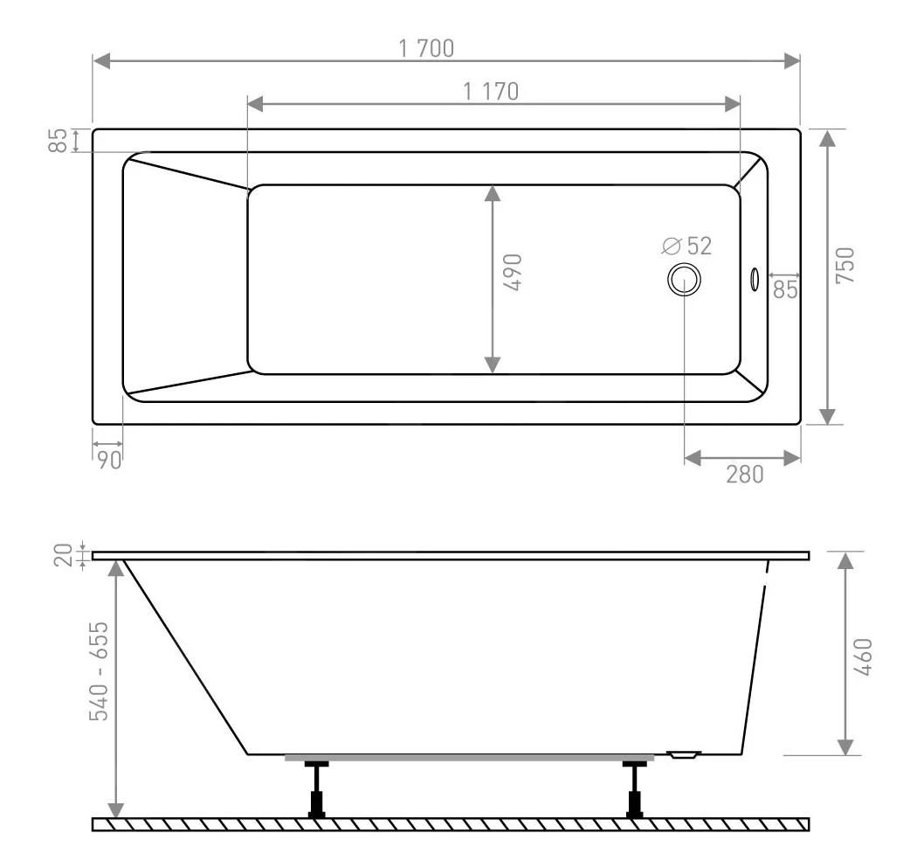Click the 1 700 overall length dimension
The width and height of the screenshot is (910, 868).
426,48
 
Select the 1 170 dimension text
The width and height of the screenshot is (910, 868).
491,91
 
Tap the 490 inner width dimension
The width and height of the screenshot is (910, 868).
514,272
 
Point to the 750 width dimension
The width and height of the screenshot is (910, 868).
845,266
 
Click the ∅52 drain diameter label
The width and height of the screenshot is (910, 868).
686,246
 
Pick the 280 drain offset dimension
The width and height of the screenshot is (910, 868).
745,475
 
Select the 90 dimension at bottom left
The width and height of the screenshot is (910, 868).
109,461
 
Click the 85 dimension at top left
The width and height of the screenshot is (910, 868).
58,141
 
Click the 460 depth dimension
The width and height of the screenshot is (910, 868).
863,656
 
